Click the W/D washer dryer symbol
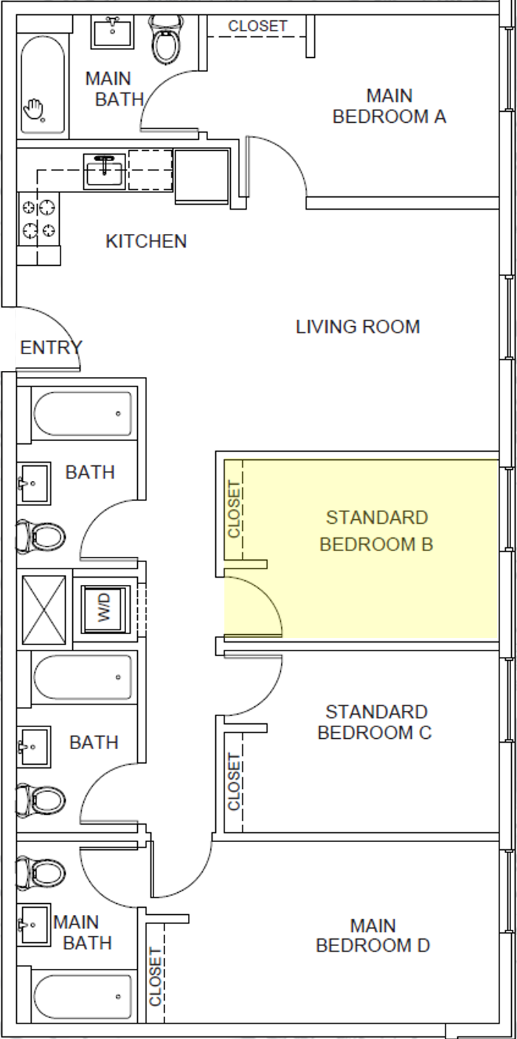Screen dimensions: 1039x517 tap(105, 609)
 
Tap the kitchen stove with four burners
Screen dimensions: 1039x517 tap(38, 220)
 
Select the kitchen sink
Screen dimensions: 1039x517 tap(104, 170)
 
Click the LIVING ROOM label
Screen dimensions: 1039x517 tap(358, 326)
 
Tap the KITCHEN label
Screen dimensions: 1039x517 tap(146, 241)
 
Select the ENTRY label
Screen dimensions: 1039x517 tap(51, 348)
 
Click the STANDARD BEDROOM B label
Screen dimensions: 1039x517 tap(377, 531)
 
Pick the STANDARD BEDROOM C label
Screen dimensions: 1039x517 tap(375, 722)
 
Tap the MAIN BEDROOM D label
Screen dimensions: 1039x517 tap(373, 935)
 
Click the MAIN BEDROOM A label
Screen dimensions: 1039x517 tap(389, 106)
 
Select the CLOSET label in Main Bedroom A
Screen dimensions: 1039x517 tap(258, 26)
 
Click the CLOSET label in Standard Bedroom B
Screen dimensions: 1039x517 tap(233, 509)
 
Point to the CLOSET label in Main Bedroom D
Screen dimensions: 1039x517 tap(155, 977)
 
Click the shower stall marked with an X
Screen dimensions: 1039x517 tap(44, 609)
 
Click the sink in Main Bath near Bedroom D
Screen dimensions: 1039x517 tap(33, 925)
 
